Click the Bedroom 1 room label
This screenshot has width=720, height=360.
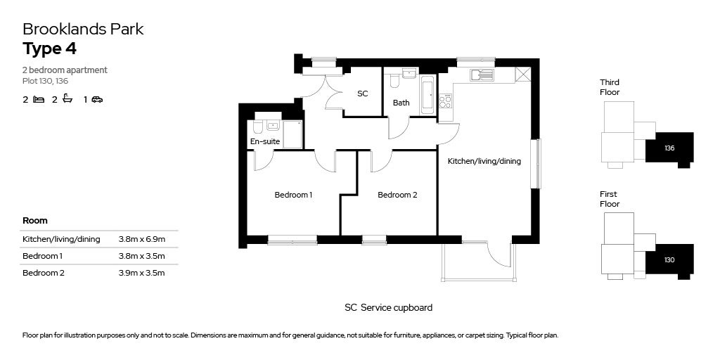[293, 195]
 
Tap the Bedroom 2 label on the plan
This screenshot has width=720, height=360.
[397, 195]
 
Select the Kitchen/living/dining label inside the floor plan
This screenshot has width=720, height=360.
[484, 161]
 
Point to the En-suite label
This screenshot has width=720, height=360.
[265, 141]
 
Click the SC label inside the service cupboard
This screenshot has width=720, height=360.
[363, 94]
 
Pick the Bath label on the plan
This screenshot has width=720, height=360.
[401, 103]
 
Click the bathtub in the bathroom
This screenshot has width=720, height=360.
[427, 96]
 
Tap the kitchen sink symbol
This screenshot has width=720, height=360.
[481, 75]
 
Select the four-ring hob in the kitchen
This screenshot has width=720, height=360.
[445, 101]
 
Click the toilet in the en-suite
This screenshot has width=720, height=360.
[257, 127]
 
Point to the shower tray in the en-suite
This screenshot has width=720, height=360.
[292, 134]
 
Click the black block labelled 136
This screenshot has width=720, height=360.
[669, 149]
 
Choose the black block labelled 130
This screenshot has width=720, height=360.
[669, 261]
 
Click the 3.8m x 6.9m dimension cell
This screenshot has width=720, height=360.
[141, 239]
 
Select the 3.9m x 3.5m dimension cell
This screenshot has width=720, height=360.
[141, 274]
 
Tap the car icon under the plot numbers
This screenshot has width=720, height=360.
[97, 99]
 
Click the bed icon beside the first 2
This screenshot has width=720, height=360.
[39, 99]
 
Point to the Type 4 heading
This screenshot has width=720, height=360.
[50, 49]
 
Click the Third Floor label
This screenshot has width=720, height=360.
[610, 87]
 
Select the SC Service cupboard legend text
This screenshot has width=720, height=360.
[388, 308]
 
